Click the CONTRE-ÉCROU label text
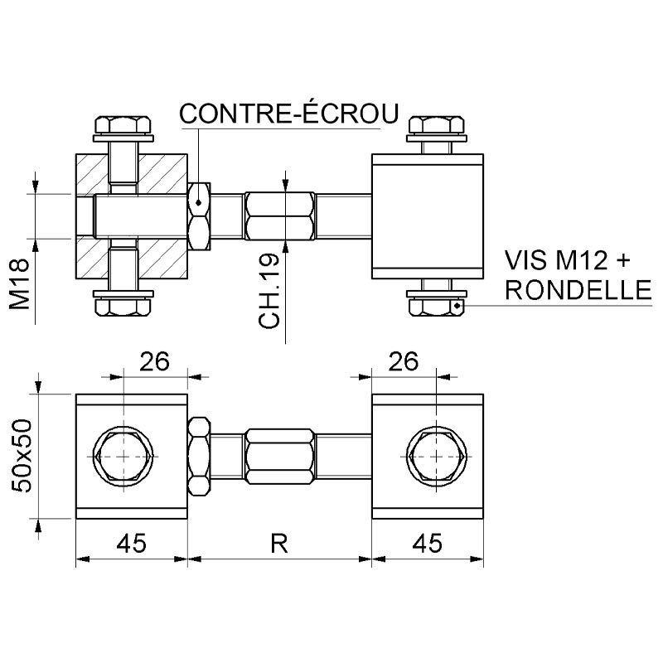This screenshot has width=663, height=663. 289,113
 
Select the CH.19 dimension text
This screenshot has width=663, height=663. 269,291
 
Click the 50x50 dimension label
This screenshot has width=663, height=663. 22,456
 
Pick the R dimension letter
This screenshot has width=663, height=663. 279,544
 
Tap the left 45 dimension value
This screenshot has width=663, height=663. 132,544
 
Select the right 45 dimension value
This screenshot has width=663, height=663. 428,544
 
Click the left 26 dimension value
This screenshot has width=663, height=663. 154,361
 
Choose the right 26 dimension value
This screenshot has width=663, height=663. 404,361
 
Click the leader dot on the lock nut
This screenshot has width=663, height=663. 198,203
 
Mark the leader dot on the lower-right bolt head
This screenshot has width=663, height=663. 457,306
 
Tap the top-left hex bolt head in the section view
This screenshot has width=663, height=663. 123,125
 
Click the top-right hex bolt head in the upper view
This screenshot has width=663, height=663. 437,125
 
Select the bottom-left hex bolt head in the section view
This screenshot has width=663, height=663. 123,307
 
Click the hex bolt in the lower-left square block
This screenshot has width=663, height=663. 123,457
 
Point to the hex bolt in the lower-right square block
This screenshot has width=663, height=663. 437,457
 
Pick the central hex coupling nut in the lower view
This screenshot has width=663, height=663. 280,457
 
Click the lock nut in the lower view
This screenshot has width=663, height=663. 199,457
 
